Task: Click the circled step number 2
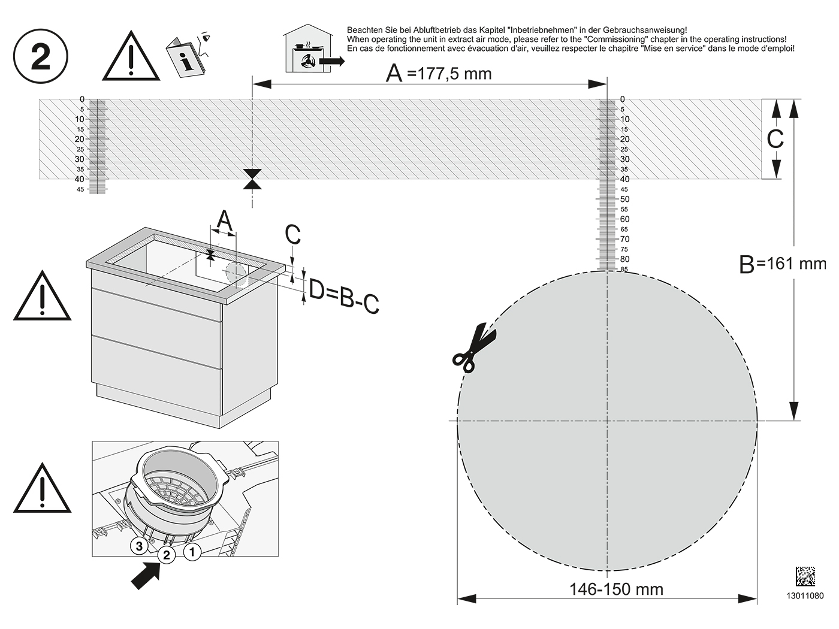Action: pos(41,56)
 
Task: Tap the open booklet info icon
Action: pos(188,56)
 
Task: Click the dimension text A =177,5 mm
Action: pos(439,73)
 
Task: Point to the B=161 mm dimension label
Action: pos(783,264)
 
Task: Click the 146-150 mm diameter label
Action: pos(616,589)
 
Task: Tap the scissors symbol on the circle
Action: pos(474,347)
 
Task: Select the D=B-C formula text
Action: pos(344,297)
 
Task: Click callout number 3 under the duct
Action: pos(139,546)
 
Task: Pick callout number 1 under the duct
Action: pos(192,552)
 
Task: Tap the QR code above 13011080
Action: pos(805,576)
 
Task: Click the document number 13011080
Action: pos(805,596)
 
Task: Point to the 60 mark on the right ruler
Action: pos(624,219)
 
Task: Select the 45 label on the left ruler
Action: pos(80,189)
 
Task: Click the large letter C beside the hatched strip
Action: pos(775,138)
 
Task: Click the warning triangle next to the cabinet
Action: pos(42,295)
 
